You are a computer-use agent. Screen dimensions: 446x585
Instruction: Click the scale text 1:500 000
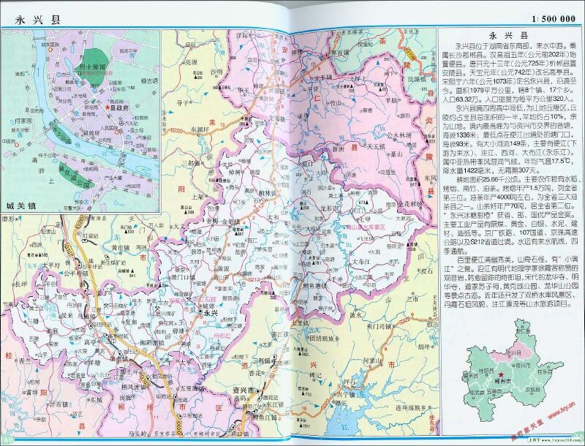coord(548,18)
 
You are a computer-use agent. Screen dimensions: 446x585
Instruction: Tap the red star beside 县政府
coord(108,107)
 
